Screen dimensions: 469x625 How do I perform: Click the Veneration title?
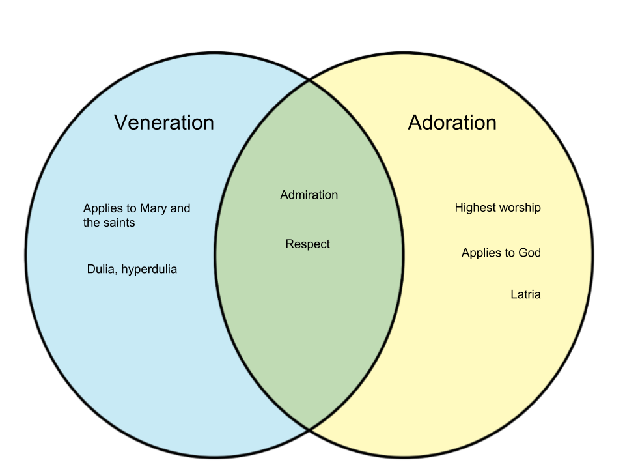[x=163, y=122]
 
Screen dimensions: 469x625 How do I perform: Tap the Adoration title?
[x=452, y=122]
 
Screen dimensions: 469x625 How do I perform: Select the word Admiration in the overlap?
[x=309, y=195]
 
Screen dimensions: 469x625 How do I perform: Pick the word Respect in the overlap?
[x=308, y=244]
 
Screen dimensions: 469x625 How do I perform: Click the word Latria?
[x=525, y=294]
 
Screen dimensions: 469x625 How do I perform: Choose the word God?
[x=529, y=253]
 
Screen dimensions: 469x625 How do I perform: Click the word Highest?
[x=475, y=208]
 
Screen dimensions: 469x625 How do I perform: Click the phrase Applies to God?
[x=501, y=253]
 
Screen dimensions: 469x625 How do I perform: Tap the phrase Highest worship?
[x=497, y=208]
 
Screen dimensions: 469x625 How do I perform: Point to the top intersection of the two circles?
[x=309, y=80]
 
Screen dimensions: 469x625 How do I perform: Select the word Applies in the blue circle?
[x=102, y=209]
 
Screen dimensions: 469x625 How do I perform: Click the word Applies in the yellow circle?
[x=480, y=253]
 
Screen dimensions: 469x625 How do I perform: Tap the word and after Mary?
[x=180, y=208]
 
